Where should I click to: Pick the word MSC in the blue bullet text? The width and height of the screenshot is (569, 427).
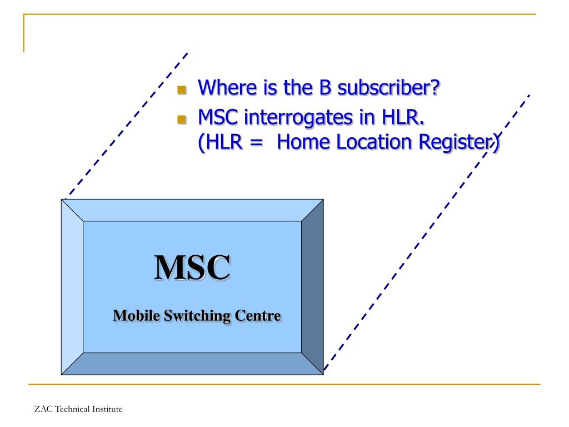coord(219,117)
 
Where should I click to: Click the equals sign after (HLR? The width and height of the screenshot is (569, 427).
coord(256,143)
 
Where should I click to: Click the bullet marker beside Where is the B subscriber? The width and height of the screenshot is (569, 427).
coord(181,90)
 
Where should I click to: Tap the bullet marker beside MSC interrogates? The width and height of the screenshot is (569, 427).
coord(181,120)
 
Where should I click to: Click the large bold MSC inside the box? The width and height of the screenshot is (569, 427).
coord(192,267)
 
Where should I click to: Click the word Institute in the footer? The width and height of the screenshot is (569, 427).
coord(106,409)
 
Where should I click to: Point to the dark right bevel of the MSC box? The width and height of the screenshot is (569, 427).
coord(312,286)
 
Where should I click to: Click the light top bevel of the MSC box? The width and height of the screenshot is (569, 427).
coord(192,210)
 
